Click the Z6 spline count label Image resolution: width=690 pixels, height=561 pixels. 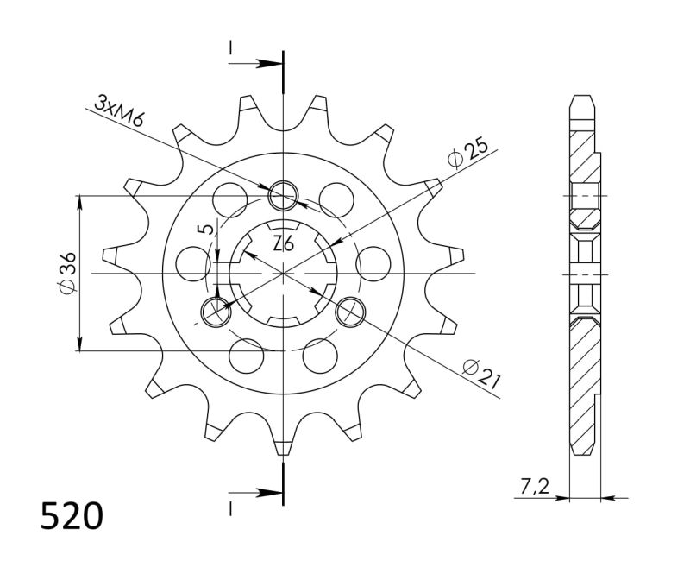click(283, 243)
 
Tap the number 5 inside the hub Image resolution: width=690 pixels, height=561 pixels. click(203, 230)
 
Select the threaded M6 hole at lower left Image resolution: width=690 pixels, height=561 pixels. click(216, 311)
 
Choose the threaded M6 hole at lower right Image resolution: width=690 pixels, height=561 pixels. click(349, 311)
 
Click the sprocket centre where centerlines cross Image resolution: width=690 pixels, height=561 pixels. click(283, 274)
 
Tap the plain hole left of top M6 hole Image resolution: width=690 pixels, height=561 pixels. click(232, 199)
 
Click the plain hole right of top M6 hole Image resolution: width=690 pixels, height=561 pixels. click(334, 199)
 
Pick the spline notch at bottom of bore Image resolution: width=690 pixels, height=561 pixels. click(283, 322)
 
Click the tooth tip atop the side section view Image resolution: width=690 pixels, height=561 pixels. click(584, 97)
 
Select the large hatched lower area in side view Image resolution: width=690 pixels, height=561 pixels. click(584, 380)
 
